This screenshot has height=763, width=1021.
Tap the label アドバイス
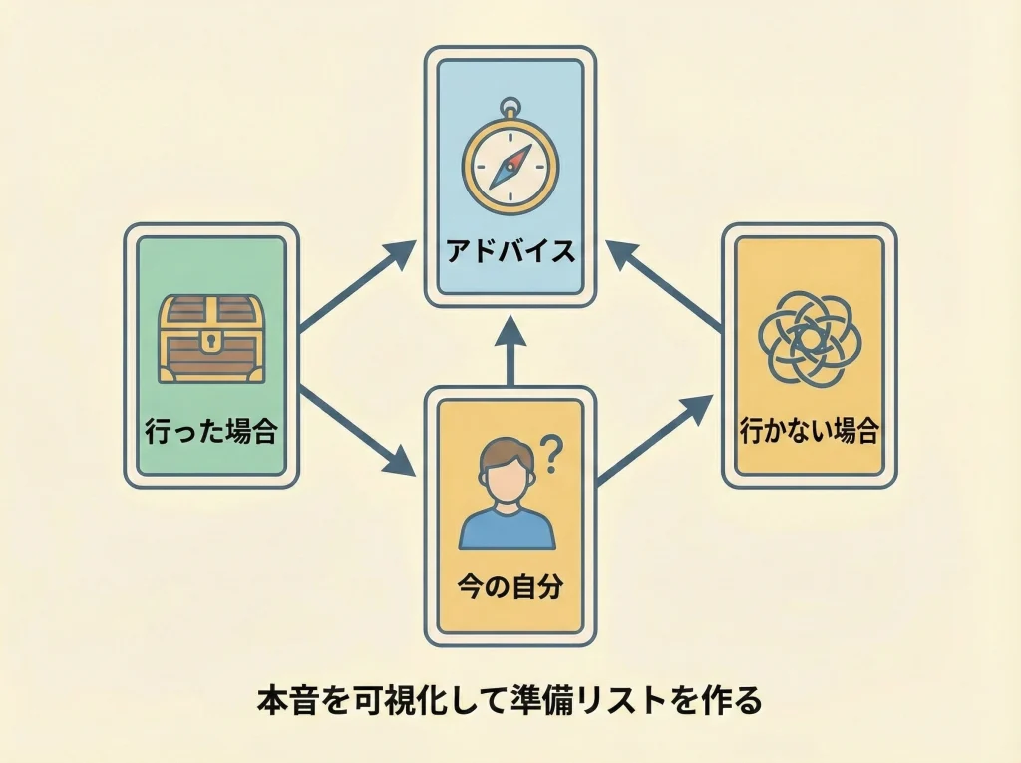(x=510, y=252)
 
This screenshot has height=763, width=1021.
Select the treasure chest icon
(x=211, y=338)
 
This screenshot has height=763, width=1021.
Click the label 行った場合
(x=210, y=432)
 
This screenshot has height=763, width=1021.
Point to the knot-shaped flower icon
(x=809, y=338)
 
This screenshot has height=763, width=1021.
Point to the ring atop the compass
(x=510, y=105)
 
